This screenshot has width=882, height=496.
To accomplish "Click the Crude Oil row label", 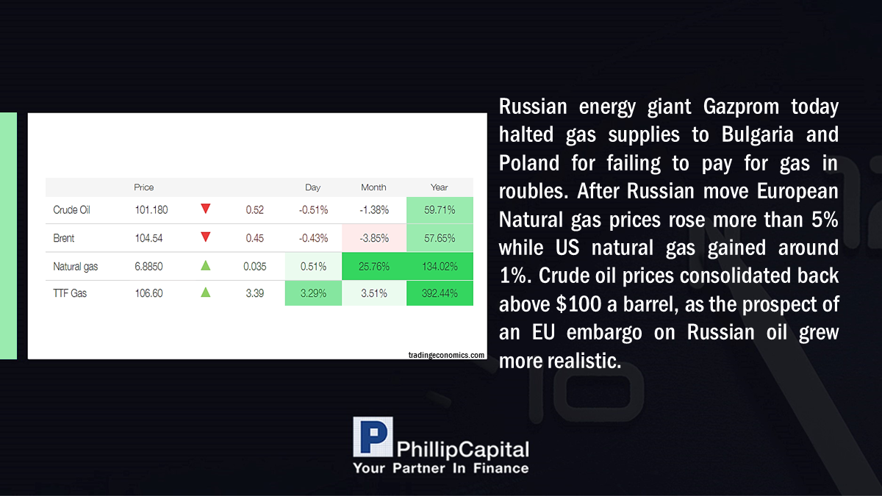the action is pos(71,210).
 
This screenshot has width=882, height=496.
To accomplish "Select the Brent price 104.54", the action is pos(148,238).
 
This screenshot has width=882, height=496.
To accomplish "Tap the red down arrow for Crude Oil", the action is pos(206,209).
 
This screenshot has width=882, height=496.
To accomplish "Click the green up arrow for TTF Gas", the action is pos(206,292).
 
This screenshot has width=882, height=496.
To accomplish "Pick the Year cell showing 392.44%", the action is pos(440,293).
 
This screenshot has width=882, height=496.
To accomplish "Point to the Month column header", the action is pos(373,187).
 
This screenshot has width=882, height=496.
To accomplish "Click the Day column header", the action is pos(313,187).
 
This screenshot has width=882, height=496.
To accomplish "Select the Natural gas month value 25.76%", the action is pos(374,267).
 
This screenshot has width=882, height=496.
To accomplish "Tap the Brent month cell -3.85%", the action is pos(374,238).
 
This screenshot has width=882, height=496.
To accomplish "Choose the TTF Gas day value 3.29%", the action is pos(313,293).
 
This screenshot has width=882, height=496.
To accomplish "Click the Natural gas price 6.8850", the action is pos(148,267).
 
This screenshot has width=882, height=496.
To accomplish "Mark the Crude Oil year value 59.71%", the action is pos(440,210).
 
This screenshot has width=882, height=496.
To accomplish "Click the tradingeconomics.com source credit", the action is pos(447,355).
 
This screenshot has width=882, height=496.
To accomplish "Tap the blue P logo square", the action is pos(373,437).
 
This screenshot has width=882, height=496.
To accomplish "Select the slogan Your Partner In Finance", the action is pos(441,468).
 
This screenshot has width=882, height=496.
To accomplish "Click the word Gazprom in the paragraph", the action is pos(741,107).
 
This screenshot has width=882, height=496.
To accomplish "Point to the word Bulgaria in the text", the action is pos(757,134).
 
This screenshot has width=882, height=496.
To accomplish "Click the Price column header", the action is pos(144,187).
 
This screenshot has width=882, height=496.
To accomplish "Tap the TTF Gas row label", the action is pos(70,293).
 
